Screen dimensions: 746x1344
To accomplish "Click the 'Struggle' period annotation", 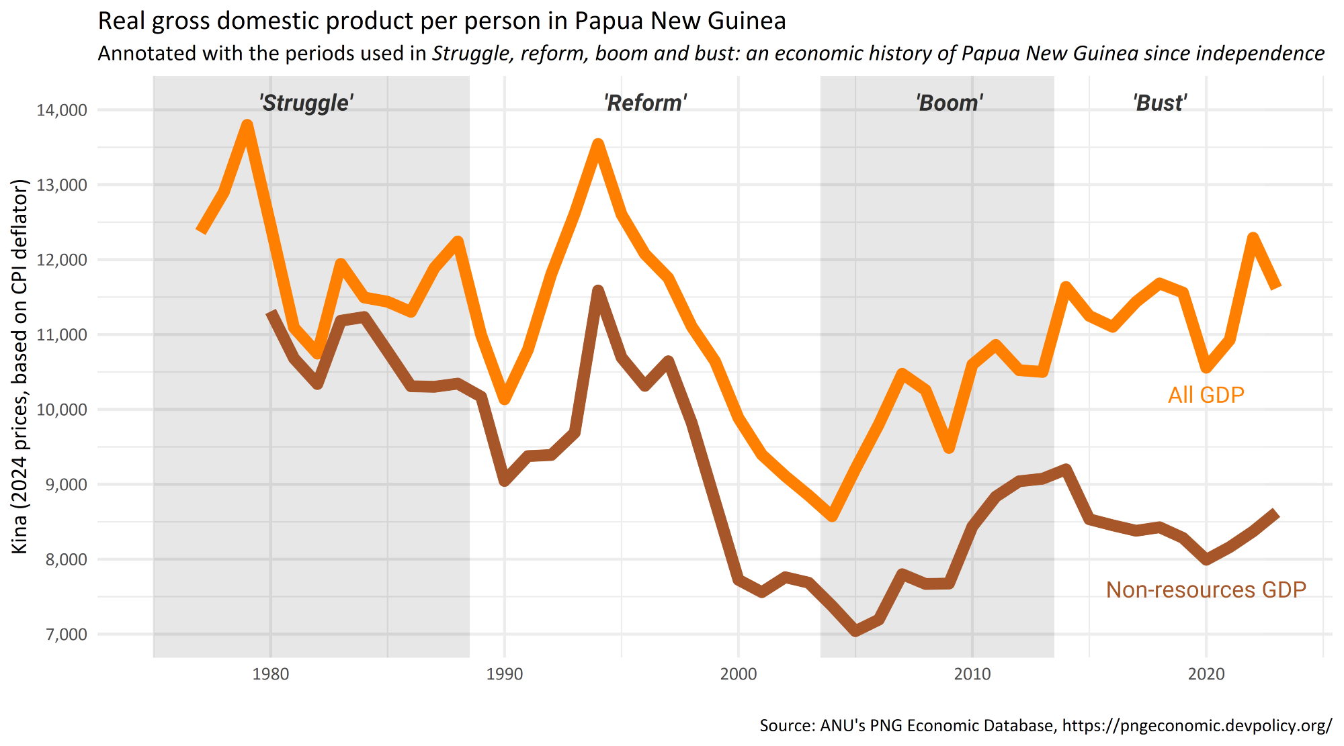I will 306,103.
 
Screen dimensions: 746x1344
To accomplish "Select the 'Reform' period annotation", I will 645,103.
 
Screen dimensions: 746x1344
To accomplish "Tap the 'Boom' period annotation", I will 950,103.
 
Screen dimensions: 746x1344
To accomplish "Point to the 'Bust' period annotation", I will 1160,103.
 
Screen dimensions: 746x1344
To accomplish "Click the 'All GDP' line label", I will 1206,394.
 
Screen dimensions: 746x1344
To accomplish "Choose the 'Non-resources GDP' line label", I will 1206,590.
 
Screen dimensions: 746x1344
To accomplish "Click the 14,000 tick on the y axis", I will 62,110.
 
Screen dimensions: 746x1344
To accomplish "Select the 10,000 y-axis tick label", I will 62,410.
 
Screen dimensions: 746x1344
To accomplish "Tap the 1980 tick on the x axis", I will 270,673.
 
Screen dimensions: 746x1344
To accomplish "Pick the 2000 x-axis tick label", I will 738,673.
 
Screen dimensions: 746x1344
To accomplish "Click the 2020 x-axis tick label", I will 1206,673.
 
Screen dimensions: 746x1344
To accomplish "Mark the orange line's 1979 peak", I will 247,125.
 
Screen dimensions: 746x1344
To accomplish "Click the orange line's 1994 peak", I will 598,144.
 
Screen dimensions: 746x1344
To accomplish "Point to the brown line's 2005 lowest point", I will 855,631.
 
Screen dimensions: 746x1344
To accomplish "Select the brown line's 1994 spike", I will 598,290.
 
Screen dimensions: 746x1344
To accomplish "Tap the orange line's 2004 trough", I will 833,516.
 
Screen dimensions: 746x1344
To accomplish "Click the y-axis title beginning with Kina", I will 20,366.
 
